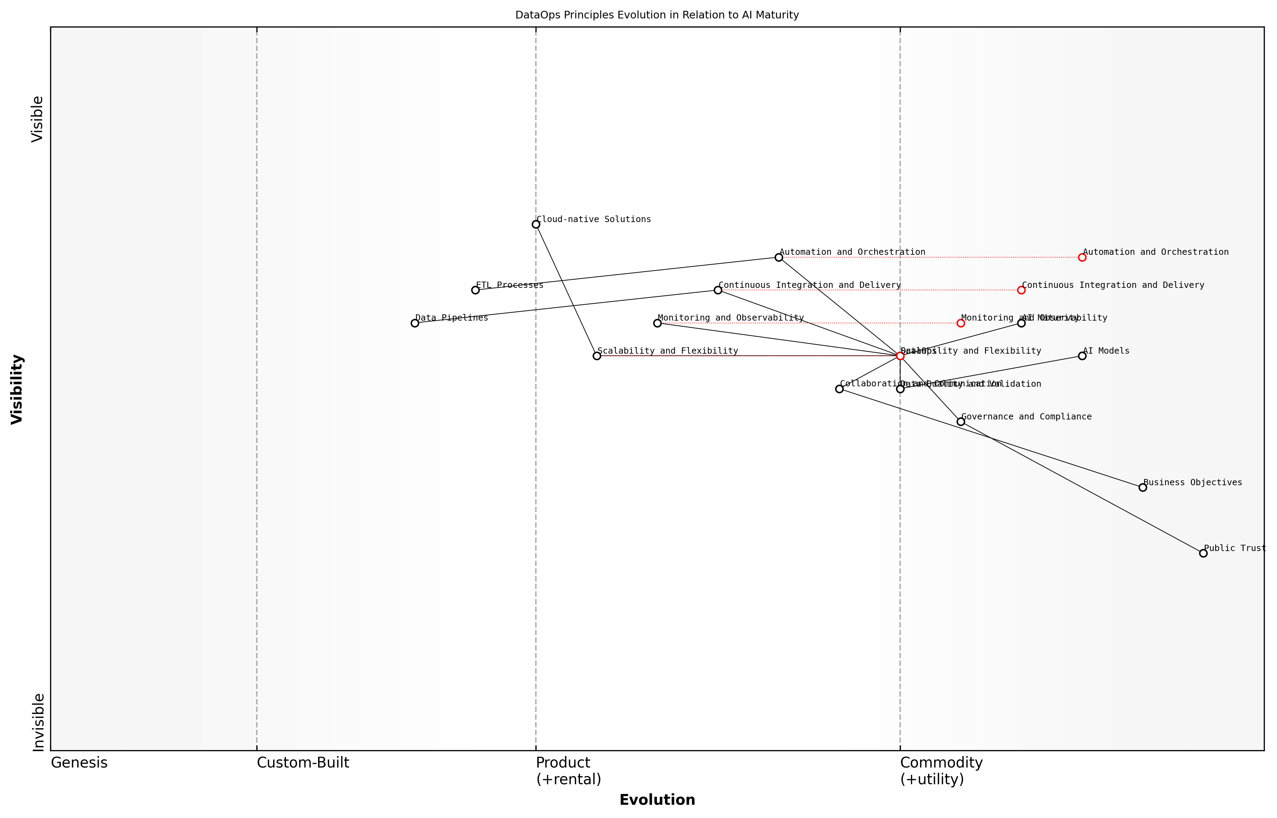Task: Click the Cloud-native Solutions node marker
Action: tap(536, 225)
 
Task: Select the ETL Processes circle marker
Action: tap(475, 290)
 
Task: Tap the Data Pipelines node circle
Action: tap(415, 323)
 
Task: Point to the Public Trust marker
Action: tap(1203, 553)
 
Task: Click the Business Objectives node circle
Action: tap(1143, 488)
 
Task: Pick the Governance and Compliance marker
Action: tap(961, 422)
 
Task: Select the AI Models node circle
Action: tap(1082, 356)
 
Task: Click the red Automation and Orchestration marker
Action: tap(1082, 258)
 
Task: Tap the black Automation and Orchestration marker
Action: tap(778, 258)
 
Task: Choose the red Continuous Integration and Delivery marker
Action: tap(1021, 290)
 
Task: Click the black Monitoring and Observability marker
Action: tap(657, 323)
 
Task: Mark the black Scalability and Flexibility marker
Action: tap(597, 356)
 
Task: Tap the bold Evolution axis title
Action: tap(657, 800)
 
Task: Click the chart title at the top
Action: tap(657, 15)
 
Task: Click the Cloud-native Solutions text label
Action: tap(594, 219)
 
